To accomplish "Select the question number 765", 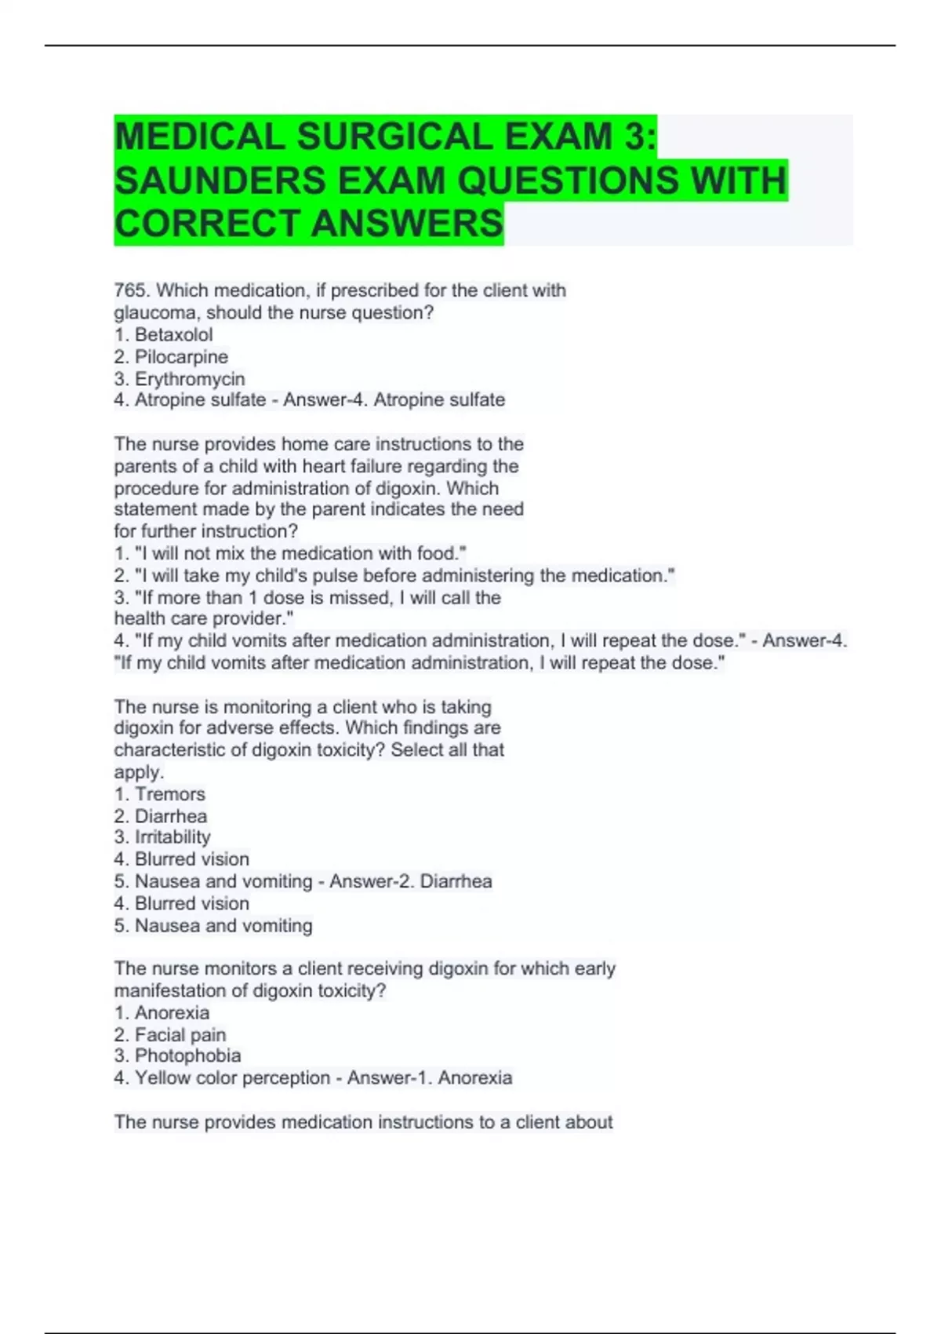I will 130,290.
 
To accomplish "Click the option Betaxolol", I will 173,335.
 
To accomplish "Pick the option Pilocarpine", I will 181,357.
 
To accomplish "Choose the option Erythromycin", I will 190,379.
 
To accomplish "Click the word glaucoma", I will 153,313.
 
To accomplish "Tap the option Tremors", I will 169,794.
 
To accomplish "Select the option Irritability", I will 173,837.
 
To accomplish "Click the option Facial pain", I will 180,1035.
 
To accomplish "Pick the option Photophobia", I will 187,1056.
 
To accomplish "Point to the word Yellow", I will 162,1078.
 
